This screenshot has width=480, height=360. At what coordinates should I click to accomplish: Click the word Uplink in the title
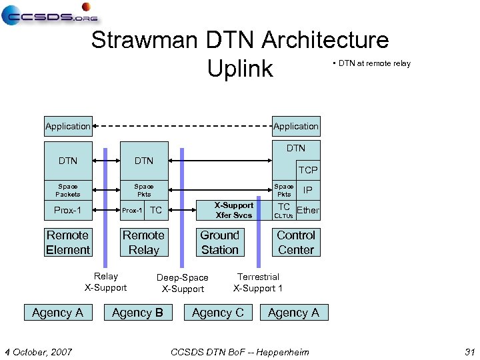point(240,68)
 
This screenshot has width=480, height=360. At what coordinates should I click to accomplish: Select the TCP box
point(307,170)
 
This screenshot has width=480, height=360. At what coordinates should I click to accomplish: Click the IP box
point(307,190)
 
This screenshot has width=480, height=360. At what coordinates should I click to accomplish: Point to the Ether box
point(307,211)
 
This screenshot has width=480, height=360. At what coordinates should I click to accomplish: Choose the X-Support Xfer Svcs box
point(233,211)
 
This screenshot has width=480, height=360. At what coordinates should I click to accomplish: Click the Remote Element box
point(68,243)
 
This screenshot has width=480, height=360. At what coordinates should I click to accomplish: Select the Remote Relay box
point(143,243)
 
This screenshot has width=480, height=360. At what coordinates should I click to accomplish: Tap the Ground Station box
point(219,243)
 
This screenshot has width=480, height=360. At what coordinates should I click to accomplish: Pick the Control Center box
point(295,243)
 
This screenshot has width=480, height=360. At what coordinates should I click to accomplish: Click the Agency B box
point(137,313)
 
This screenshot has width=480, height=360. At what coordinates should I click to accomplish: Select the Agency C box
point(217,313)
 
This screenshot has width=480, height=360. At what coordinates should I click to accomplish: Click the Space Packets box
point(68,190)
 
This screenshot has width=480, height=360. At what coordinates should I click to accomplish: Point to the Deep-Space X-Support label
point(182,283)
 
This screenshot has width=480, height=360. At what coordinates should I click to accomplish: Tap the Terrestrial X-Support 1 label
point(258,283)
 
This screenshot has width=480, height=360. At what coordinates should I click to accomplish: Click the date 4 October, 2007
point(39,351)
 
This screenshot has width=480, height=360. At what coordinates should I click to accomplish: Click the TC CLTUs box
point(284,211)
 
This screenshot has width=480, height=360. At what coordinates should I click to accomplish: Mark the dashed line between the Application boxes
point(182,126)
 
